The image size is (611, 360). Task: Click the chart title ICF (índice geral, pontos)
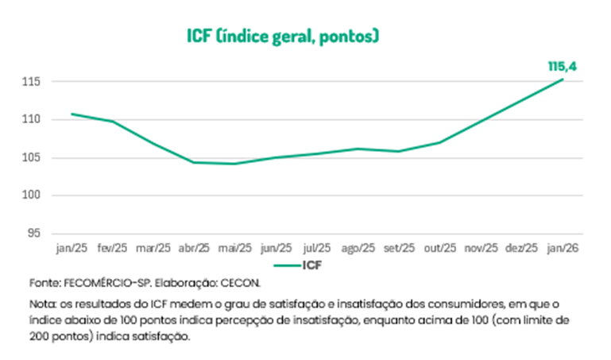(x=283, y=36)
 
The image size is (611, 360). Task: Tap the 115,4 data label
(x=561, y=66)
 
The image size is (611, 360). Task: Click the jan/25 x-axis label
(x=72, y=249)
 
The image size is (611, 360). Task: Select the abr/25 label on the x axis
(x=194, y=249)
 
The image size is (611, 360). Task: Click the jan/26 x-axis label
(x=563, y=249)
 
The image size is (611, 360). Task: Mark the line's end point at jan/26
(x=563, y=79)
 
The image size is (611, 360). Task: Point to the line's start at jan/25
(x=72, y=114)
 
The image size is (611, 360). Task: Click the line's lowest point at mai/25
(x=234, y=164)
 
